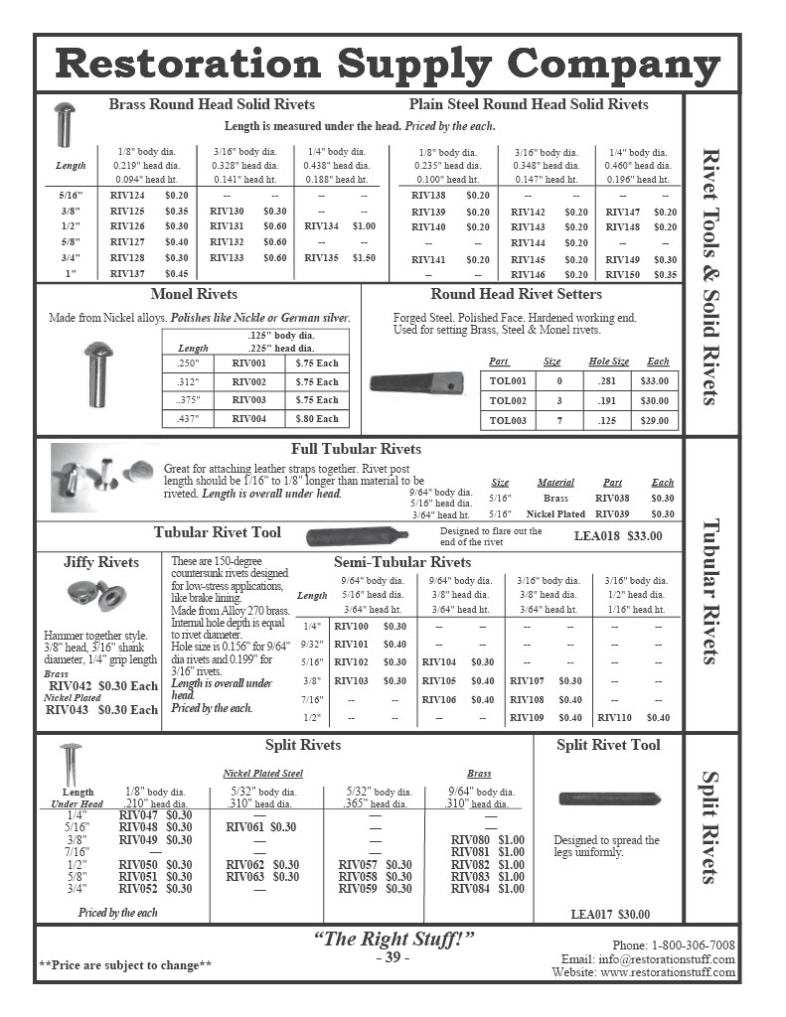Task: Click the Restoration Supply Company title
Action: click(x=388, y=65)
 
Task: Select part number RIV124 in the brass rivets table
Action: click(x=127, y=196)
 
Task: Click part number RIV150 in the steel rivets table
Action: click(x=623, y=274)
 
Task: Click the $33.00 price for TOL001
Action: click(x=655, y=380)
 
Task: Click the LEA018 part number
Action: click(x=596, y=536)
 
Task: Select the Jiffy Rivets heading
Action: click(x=101, y=562)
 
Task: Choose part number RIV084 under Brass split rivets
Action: click(x=470, y=889)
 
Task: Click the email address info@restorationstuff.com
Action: click(x=648, y=959)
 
